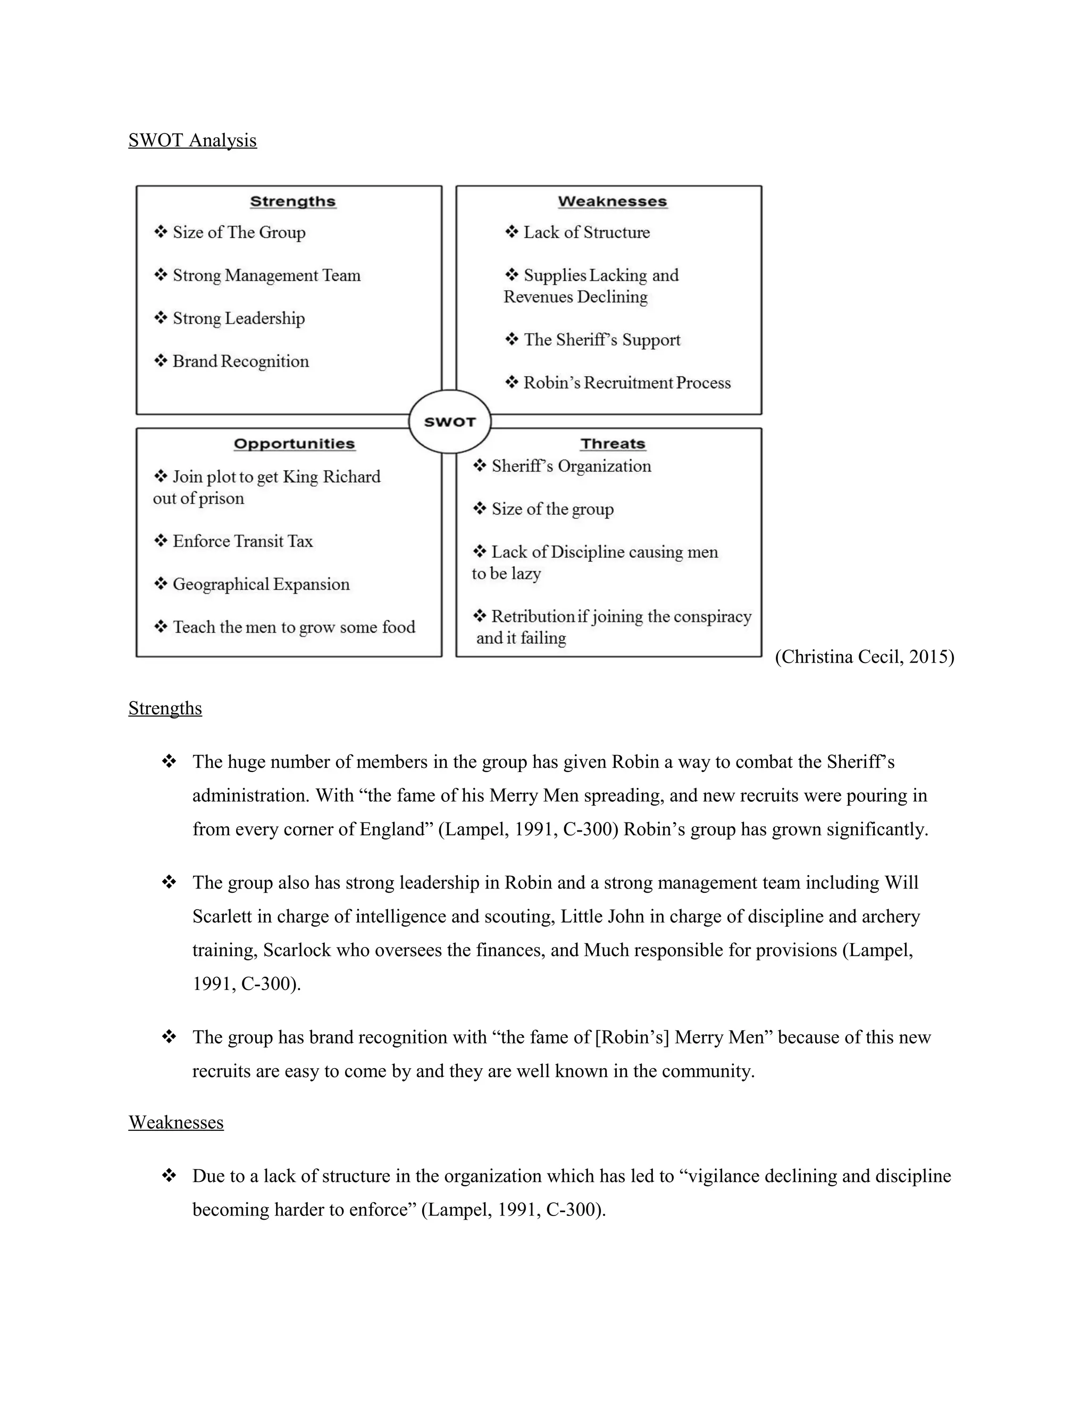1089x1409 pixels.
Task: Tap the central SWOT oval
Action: pos(450,422)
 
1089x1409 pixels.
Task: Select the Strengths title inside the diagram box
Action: pos(293,202)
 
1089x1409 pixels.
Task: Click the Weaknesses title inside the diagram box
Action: pos(612,202)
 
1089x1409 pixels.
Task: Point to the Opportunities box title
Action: pos(294,444)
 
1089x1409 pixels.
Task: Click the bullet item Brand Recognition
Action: pos(240,361)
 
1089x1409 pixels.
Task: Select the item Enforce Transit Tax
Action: pos(242,541)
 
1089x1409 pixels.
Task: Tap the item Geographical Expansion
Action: pos(261,584)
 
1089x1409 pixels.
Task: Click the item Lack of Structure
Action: pos(586,232)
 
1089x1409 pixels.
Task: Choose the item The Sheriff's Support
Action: pos(601,340)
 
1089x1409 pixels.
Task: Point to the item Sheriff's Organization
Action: pos(571,466)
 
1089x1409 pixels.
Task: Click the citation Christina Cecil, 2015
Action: pos(864,657)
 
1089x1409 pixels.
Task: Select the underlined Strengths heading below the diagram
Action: pos(165,708)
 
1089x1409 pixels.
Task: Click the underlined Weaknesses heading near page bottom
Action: pos(176,1122)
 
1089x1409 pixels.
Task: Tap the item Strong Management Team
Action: pos(266,275)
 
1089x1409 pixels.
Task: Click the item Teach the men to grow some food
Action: pos(294,627)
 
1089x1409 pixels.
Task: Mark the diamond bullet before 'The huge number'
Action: pos(169,762)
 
